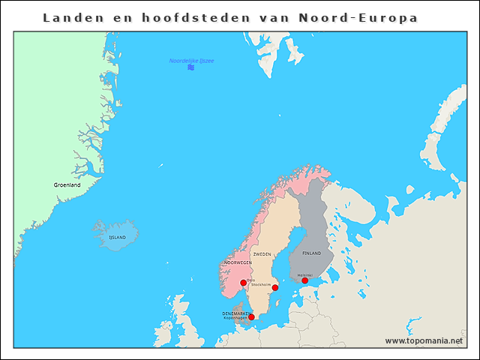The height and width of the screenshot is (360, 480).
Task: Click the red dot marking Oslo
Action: tap(243, 283)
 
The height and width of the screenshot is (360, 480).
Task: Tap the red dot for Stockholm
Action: tap(275, 288)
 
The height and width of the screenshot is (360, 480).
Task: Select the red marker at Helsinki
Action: tap(304, 280)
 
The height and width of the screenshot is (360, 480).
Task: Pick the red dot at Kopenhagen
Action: tap(251, 317)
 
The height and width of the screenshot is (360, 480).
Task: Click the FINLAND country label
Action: tap(311, 253)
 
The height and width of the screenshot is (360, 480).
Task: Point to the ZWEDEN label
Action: tap(262, 254)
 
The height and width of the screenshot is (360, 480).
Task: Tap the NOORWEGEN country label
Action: tap(238, 263)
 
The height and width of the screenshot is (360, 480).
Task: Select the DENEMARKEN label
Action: tap(236, 313)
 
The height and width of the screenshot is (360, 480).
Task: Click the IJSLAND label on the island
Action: tap(117, 237)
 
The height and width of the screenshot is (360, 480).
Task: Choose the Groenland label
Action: tap(67, 184)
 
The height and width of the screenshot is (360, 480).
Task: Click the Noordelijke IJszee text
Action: tap(191, 61)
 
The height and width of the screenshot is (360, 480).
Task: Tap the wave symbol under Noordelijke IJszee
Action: tap(191, 68)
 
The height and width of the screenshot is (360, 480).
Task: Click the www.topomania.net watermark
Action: tap(424, 340)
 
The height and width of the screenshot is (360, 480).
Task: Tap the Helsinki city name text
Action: tap(305, 274)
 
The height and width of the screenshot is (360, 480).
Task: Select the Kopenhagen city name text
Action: tap(235, 318)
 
